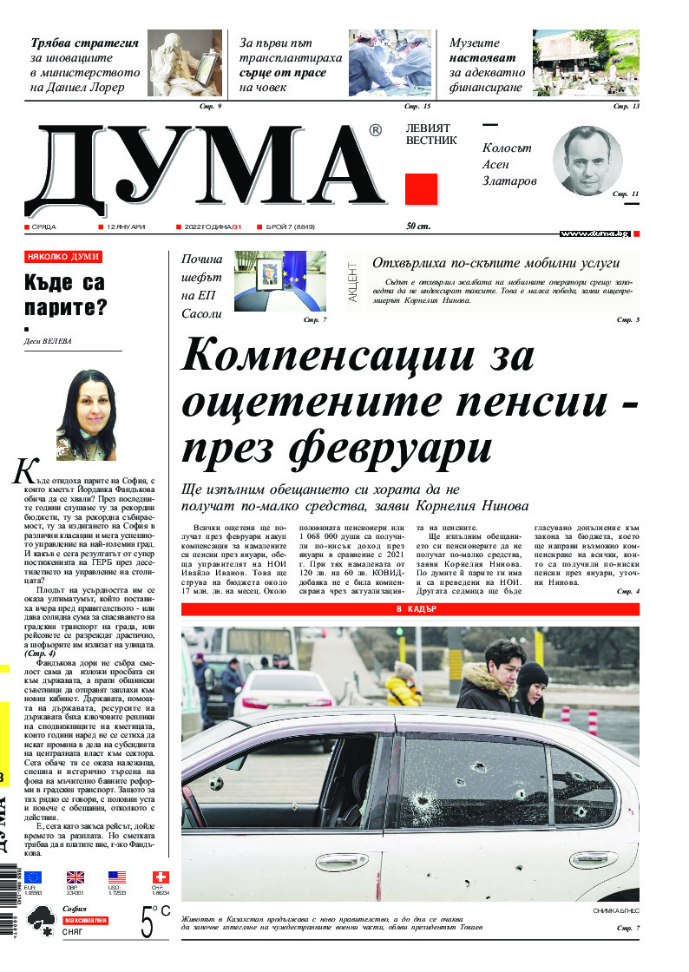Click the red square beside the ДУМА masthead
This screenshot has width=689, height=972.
coord(421,188)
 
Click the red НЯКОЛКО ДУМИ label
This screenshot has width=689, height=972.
coord(63,257)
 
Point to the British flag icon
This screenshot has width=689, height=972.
coord(75,877)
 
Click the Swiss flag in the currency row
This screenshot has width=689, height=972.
coord(161,877)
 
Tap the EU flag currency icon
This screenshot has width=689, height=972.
coord(33,877)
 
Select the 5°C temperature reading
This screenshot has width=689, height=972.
coord(155,922)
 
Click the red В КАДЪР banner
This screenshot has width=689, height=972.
coord(410,609)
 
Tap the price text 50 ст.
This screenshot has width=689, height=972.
coord(418,227)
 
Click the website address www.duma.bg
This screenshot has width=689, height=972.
coord(594,233)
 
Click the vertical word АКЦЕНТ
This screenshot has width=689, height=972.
coord(352,283)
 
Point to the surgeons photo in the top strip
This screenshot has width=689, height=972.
coord(390,62)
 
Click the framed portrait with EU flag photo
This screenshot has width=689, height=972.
coord(279,280)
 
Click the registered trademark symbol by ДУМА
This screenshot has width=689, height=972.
coord(374,130)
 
